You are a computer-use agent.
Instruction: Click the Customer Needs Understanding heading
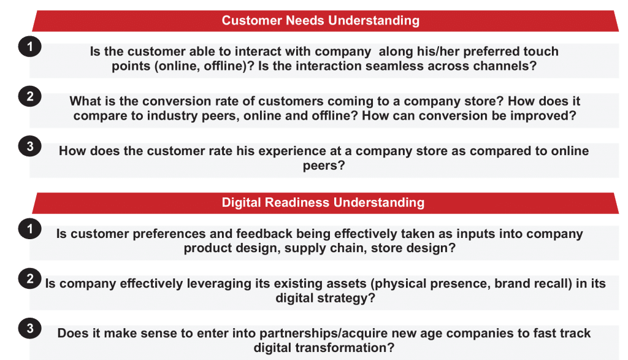pyautogui.click(x=320, y=20)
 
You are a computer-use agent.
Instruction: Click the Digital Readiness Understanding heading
pyautogui.click(x=323, y=202)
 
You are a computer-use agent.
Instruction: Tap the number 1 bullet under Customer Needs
pyautogui.click(x=29, y=47)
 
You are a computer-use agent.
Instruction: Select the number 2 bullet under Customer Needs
pyautogui.click(x=29, y=96)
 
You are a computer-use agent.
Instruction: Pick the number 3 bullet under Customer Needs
pyautogui.click(x=29, y=146)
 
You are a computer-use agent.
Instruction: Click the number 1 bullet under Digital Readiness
pyautogui.click(x=29, y=229)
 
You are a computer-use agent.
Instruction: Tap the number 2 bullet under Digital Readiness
pyautogui.click(x=29, y=278)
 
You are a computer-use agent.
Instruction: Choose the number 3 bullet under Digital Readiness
pyautogui.click(x=29, y=328)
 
